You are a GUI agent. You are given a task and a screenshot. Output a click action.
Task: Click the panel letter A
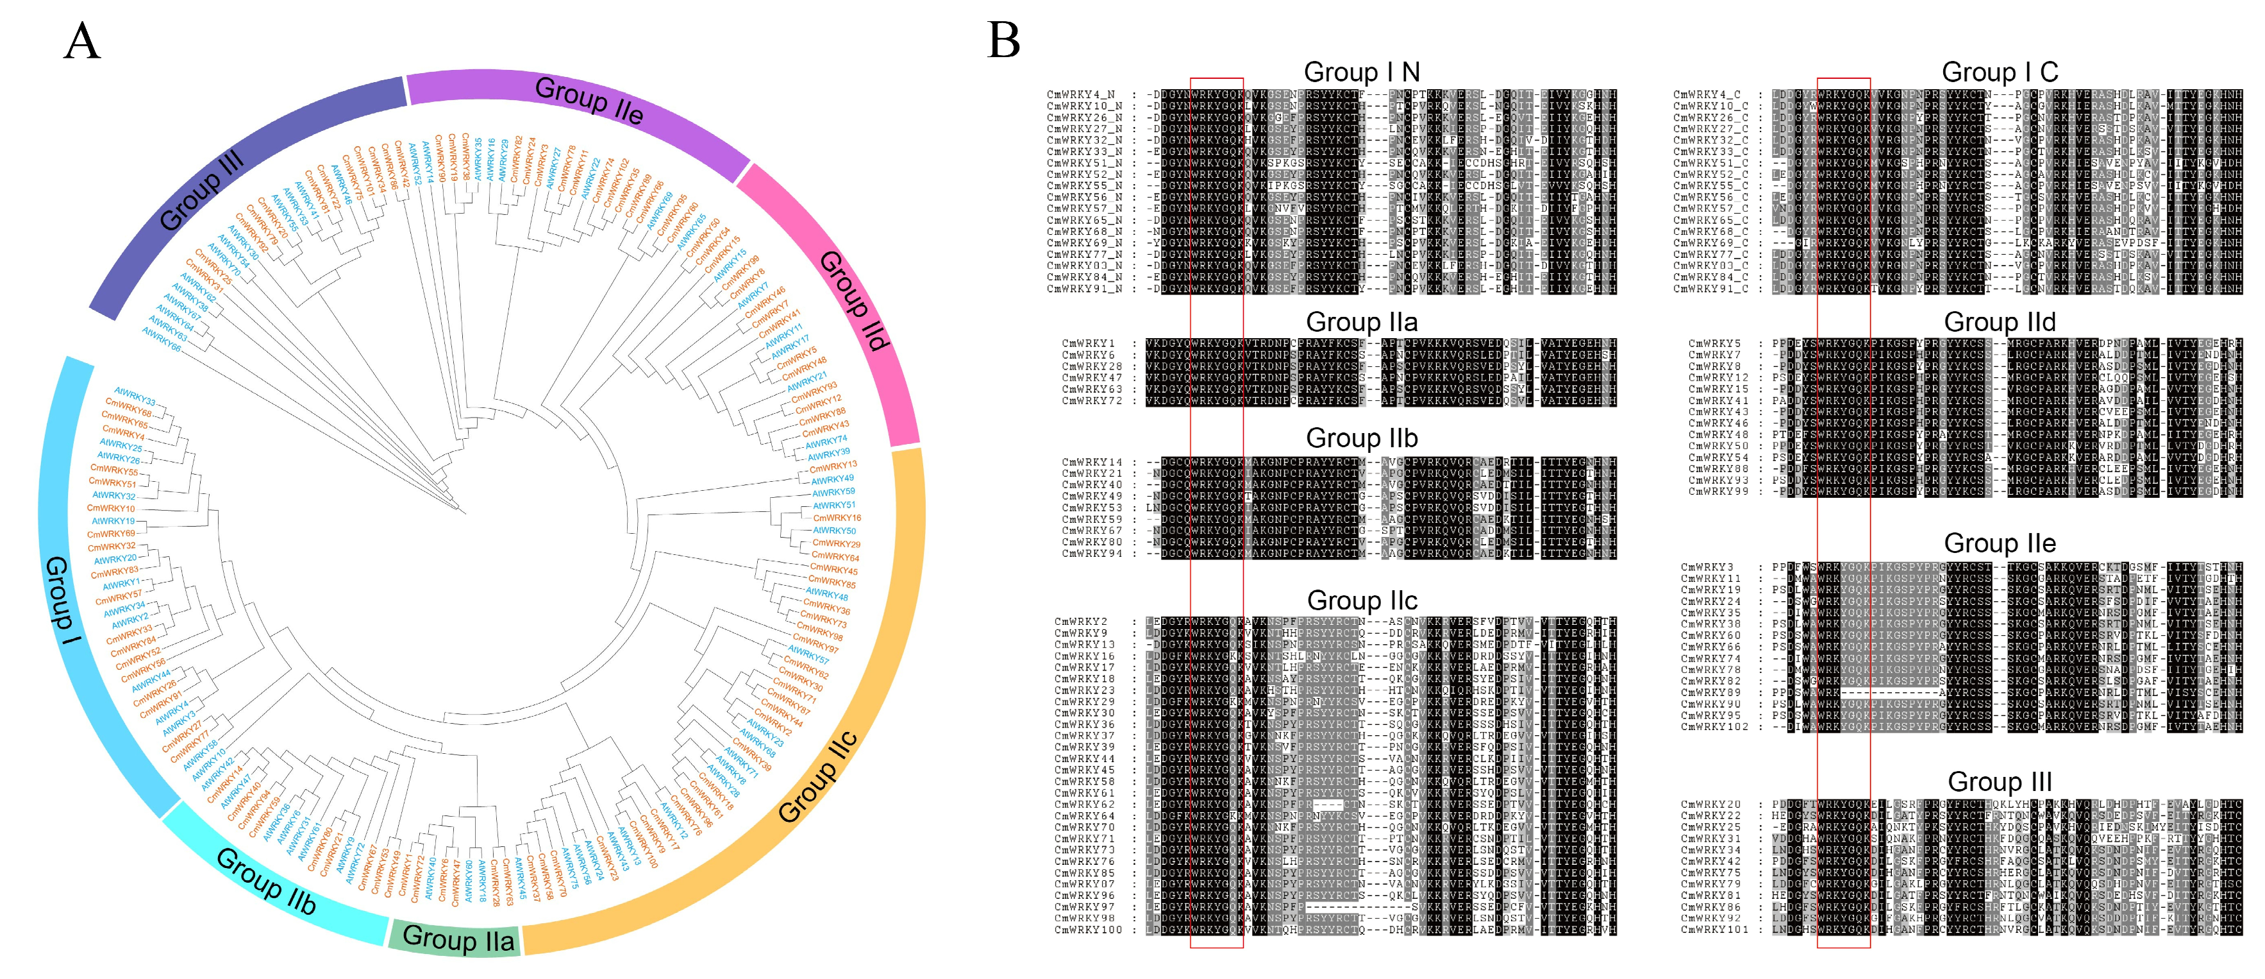point(83,41)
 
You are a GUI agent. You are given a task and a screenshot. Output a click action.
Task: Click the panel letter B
point(1004,41)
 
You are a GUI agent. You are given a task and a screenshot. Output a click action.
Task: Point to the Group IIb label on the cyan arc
point(265,880)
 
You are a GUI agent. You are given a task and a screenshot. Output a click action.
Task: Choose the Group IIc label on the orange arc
point(818,776)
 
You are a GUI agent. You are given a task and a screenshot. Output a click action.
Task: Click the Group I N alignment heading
point(1361,72)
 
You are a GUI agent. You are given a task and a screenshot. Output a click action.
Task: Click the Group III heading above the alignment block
point(2000,781)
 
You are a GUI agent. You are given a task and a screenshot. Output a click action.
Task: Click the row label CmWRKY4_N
point(1081,95)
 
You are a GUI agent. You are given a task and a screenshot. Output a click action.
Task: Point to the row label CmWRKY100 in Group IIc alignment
point(1088,930)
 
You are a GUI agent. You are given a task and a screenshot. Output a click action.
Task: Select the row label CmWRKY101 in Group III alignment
point(1714,930)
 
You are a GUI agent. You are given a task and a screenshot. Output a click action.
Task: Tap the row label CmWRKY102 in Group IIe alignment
point(1714,727)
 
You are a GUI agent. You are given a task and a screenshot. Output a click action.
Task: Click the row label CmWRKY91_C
point(1707,289)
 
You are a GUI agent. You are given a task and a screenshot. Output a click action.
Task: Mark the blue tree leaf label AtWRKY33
point(135,396)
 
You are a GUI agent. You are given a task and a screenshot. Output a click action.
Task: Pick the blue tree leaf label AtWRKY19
point(113,521)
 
